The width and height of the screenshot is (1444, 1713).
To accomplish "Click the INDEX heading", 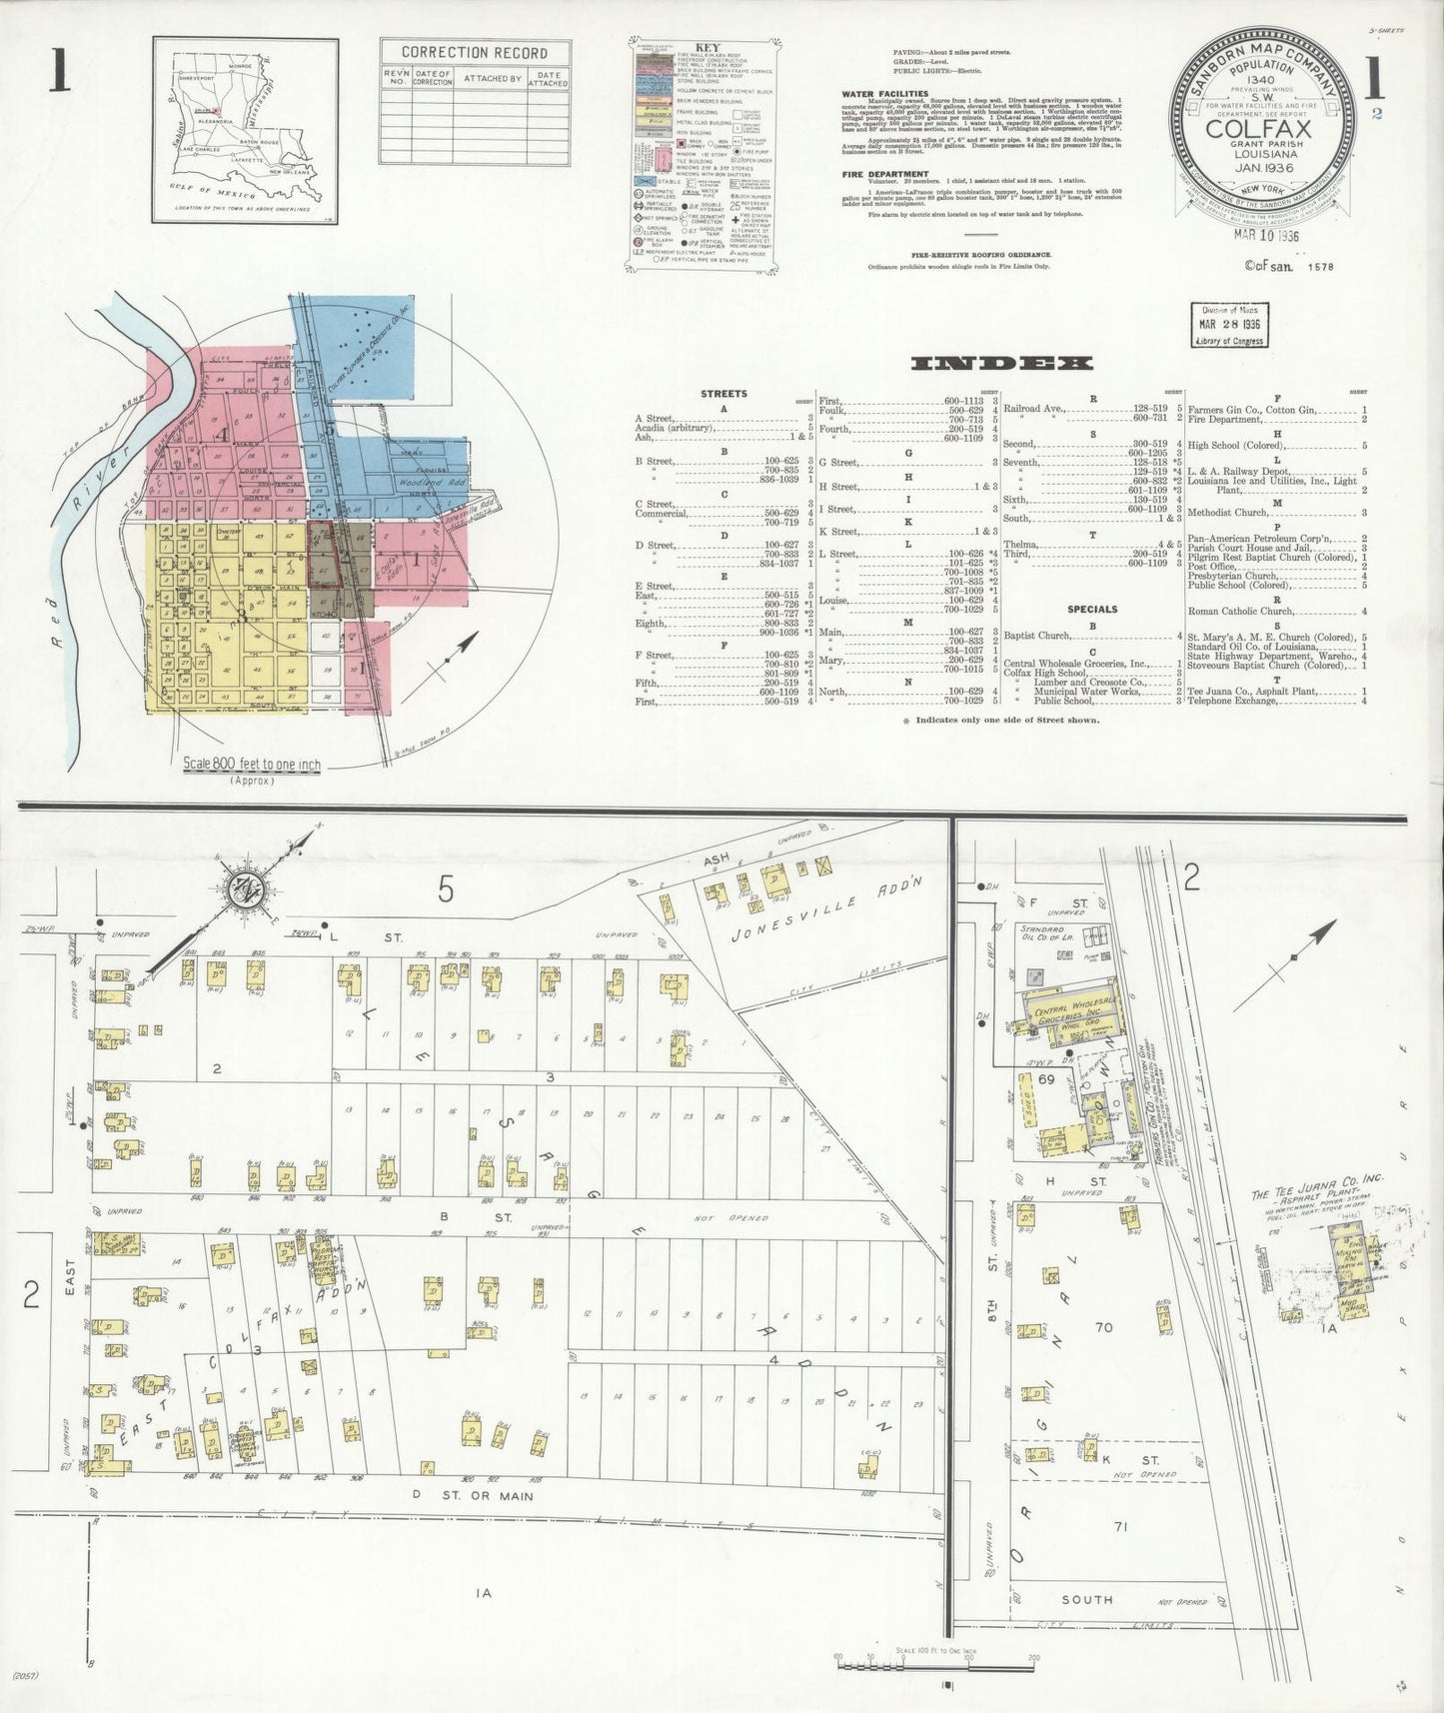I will [x=1002, y=364].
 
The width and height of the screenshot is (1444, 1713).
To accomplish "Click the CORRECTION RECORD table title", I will [x=474, y=52].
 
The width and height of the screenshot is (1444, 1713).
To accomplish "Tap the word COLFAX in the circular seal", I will [x=1264, y=130].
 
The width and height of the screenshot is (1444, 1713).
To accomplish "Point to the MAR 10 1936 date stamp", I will [x=1265, y=236].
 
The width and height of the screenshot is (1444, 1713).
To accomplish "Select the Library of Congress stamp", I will [x=1227, y=325].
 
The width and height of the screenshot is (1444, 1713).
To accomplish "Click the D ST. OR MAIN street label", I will [x=473, y=1496].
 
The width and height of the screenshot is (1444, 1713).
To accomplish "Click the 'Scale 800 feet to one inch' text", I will [x=252, y=765].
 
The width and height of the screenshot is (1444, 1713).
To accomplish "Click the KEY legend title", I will [x=706, y=46].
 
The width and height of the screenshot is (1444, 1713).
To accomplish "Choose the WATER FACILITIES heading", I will [x=884, y=94].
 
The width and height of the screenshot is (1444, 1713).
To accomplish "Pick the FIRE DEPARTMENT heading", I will [x=884, y=174].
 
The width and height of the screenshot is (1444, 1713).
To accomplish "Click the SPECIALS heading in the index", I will [x=1092, y=609].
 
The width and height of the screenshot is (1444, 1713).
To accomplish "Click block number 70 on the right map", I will [x=1103, y=1327].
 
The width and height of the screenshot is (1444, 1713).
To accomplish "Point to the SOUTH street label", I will [x=1086, y=1599].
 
